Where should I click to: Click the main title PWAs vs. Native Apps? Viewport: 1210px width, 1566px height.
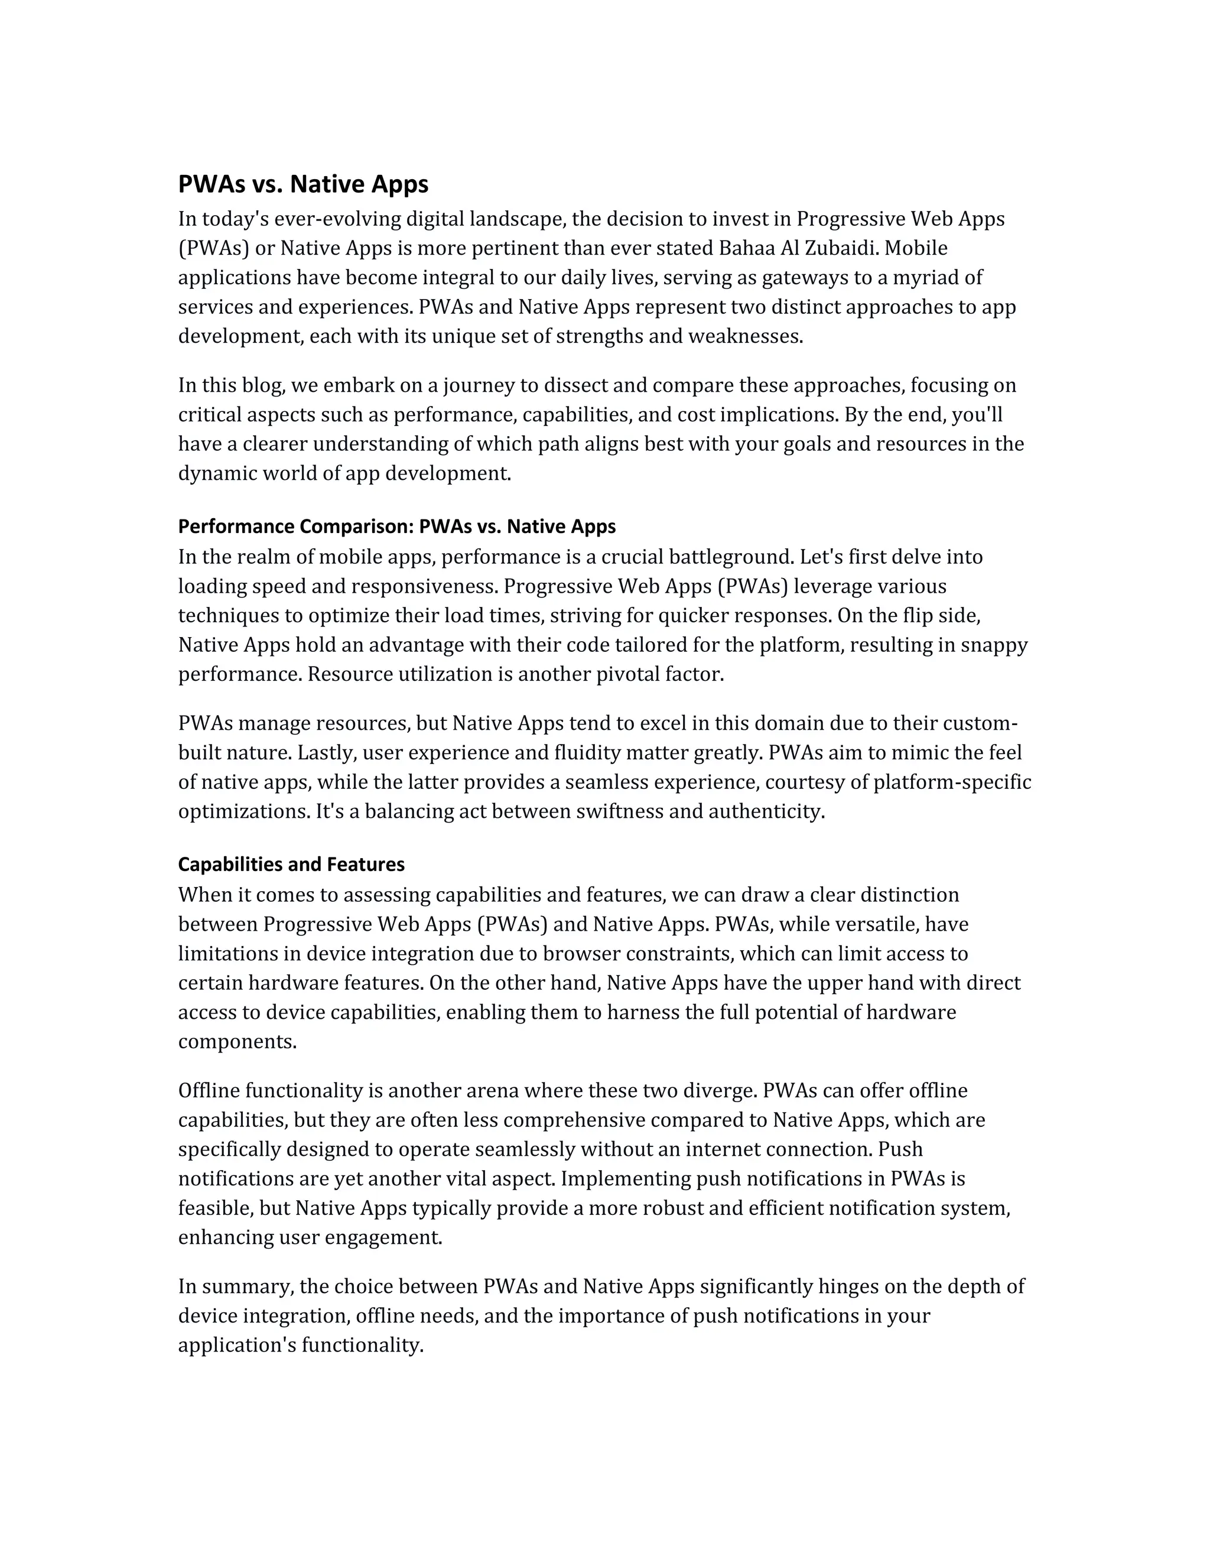click(302, 184)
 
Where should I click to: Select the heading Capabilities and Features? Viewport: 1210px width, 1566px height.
click(291, 865)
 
